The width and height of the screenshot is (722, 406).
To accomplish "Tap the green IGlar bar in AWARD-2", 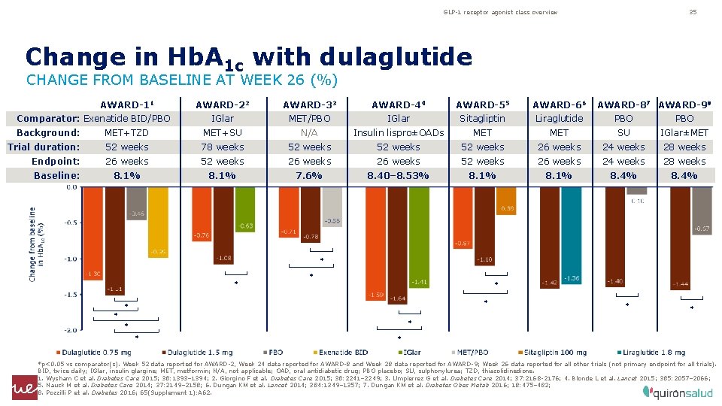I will click(x=245, y=211).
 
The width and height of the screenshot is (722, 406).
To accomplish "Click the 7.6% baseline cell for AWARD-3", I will click(x=309, y=175).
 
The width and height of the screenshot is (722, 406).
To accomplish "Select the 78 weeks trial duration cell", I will click(x=222, y=147).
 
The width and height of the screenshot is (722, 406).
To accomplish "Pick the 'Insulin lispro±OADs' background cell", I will click(x=398, y=133).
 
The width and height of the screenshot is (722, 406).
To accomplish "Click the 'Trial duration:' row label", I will click(x=44, y=147).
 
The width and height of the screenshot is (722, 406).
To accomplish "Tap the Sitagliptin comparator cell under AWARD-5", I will click(x=482, y=119).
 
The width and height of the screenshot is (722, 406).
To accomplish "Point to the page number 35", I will click(x=693, y=12).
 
